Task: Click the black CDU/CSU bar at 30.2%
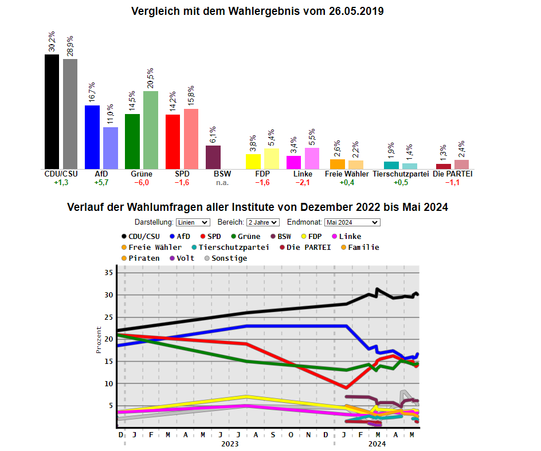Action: pos(52,112)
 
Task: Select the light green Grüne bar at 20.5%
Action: pos(151,130)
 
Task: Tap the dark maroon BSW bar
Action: pos(213,157)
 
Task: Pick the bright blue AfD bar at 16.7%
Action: pos(92,137)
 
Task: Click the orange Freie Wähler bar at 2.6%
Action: pos(338,164)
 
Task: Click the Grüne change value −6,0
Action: pos(142,183)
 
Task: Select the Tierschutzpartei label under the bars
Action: pos(401,174)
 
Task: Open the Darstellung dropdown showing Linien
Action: pos(193,222)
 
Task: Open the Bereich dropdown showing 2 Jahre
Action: pos(263,222)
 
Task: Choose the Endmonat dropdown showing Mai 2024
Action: pos(352,222)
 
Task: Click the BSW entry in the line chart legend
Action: pos(280,237)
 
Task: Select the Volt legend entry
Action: pos(181,258)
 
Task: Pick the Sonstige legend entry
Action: pos(225,258)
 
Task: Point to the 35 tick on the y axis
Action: pos(108,273)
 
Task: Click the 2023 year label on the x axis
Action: pos(229,444)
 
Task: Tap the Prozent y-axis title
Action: pos(99,340)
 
